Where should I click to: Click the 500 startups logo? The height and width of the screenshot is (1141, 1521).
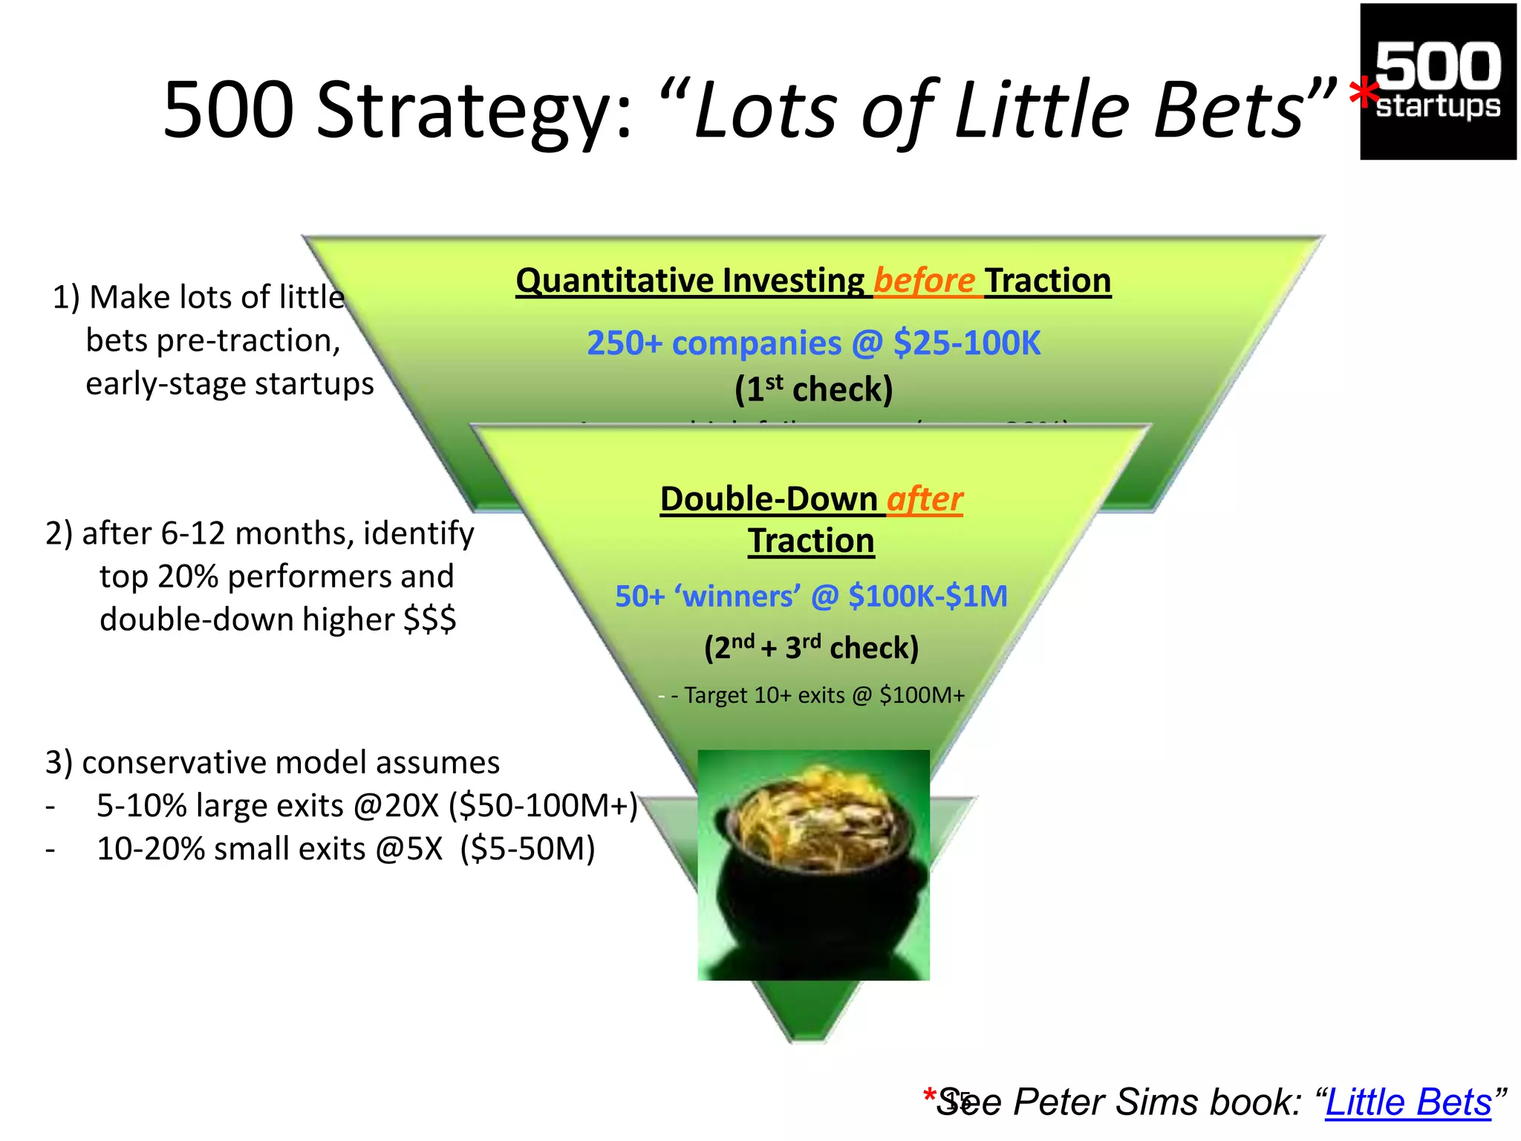pos(1438,82)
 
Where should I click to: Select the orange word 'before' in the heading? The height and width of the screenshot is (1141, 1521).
pos(924,281)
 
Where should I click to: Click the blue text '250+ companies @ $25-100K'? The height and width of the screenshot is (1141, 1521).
pos(813,343)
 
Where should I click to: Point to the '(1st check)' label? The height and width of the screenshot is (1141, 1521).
pos(813,389)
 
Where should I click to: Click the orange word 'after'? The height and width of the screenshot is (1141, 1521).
pos(925,498)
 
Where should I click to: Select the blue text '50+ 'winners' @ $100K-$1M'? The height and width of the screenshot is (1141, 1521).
pos(811,596)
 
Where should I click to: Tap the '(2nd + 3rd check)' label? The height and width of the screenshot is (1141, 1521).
pos(811,648)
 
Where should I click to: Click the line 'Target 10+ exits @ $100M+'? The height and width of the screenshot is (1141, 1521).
pos(817,695)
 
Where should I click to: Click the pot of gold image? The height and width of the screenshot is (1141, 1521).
pos(813,865)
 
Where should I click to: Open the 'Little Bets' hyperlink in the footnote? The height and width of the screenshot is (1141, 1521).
pos(1408,1102)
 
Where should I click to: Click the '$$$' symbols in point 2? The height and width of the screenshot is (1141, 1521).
pos(429,620)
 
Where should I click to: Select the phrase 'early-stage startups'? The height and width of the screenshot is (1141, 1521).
pos(229,384)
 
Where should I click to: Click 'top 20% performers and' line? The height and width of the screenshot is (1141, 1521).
pos(276,576)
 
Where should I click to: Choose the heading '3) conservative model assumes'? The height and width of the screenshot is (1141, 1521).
pos(273,763)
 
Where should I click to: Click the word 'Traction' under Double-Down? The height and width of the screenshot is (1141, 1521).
pos(811,541)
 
